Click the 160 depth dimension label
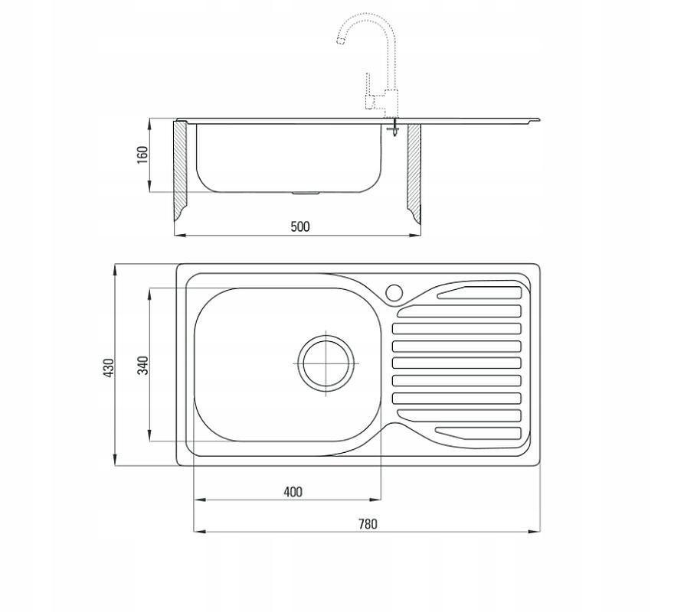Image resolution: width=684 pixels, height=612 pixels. (x=142, y=155)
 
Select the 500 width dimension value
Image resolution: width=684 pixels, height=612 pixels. (x=300, y=226)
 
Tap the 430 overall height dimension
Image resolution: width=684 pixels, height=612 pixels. (x=108, y=367)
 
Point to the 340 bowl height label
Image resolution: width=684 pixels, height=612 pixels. (x=143, y=365)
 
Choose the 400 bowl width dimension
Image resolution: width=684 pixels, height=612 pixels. (x=293, y=492)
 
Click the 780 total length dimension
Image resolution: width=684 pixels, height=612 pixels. (x=368, y=523)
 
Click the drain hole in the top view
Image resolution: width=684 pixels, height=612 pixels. (x=326, y=363)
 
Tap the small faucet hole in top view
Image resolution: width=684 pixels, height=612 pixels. (x=394, y=292)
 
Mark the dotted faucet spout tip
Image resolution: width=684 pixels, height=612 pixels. (x=340, y=41)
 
